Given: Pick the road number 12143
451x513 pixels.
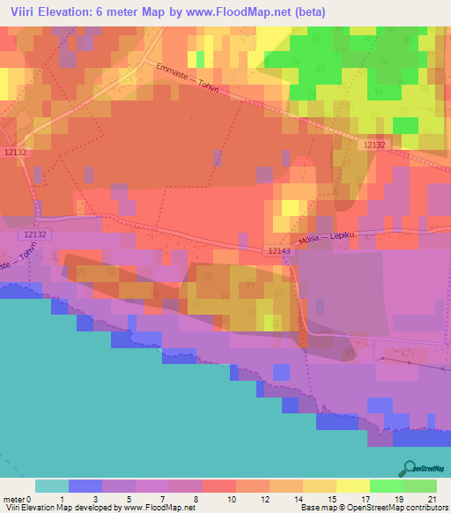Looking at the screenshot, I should point(278,251).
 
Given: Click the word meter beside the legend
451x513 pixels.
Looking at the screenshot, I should point(13,498).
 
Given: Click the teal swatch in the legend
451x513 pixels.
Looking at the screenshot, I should point(52,486).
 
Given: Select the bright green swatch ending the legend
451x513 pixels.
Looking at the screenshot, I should point(420,486).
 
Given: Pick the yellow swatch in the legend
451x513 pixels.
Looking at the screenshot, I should point(353,486).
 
